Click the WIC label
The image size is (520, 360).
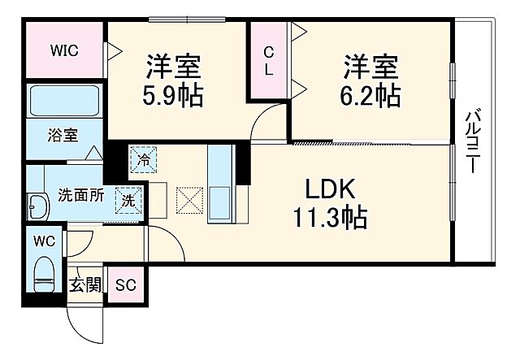tap(63, 50)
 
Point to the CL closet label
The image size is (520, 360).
tap(267, 61)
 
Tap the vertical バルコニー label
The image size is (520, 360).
tap(471, 142)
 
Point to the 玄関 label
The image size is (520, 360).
tap(85, 284)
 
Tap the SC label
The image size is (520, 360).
tap(124, 284)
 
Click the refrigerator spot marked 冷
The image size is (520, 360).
tap(143, 160)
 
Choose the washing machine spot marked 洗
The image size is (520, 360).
tap(129, 199)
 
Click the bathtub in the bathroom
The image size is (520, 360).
tap(64, 102)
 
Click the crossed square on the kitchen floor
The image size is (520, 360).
tap(188, 200)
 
